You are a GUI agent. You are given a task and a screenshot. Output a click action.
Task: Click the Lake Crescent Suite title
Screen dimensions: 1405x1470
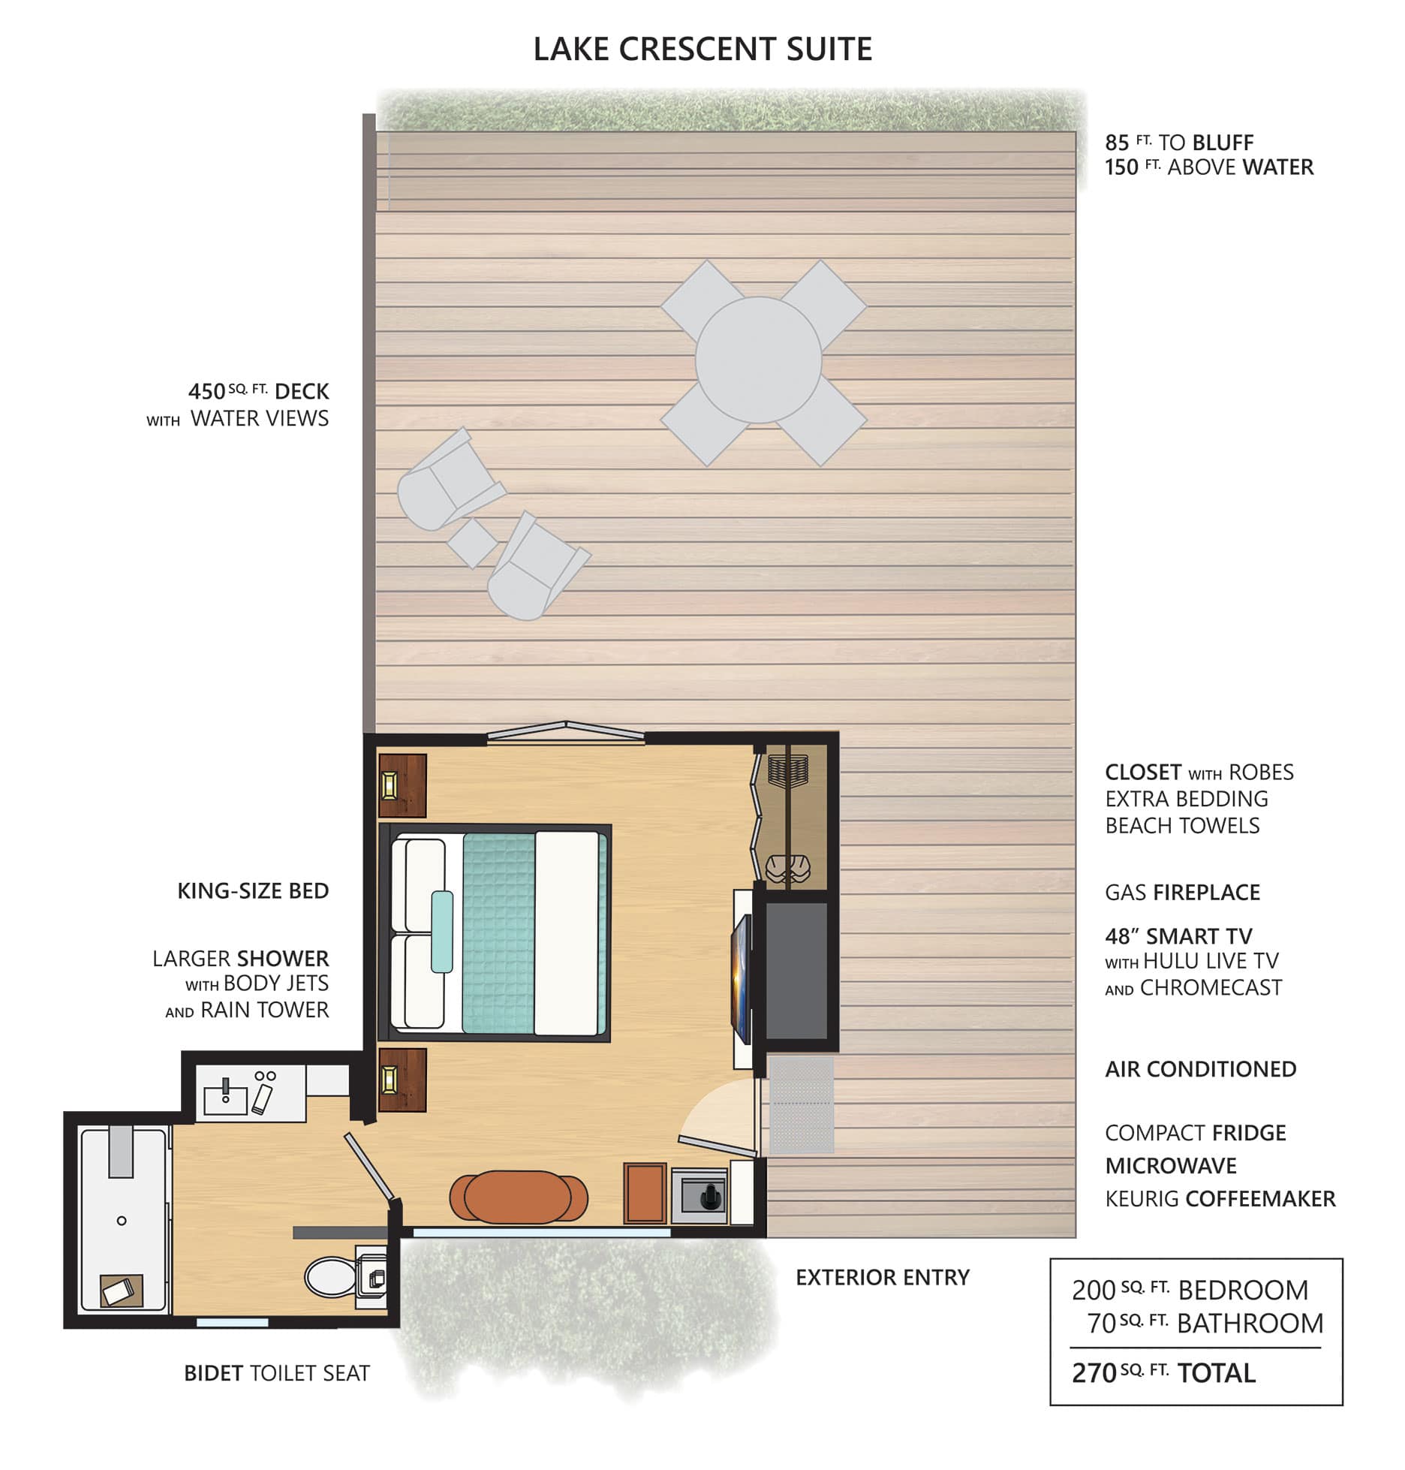pos(702,50)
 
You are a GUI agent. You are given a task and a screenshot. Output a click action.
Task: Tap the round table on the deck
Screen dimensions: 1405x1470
pos(758,360)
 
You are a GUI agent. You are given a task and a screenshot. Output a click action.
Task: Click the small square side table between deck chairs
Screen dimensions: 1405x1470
pos(472,543)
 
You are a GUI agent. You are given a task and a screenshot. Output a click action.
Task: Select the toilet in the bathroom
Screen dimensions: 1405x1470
pos(330,1276)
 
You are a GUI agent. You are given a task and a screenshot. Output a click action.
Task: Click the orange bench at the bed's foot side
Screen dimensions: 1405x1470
pos(519,1197)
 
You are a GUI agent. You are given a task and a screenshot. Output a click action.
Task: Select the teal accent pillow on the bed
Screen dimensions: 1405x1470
pos(442,932)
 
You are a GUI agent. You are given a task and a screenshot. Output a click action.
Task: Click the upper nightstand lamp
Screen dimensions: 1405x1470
pos(390,785)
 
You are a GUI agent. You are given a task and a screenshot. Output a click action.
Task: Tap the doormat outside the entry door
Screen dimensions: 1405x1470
pos(801,1106)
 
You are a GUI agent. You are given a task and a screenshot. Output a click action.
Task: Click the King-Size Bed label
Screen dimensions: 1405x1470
pos(253,891)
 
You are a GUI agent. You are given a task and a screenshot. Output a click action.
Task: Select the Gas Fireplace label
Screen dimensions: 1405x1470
pos(1182,893)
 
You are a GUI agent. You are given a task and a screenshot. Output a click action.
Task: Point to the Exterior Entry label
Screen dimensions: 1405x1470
pos(883,1277)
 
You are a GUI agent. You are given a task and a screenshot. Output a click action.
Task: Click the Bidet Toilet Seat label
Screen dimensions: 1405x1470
pos(277,1373)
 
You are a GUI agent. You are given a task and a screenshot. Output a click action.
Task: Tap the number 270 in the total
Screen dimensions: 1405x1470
pos(1094,1373)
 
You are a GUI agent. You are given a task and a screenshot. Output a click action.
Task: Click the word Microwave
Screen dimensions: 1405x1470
pos(1171,1166)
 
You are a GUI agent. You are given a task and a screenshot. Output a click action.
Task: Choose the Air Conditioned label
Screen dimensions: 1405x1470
pos(1201,1069)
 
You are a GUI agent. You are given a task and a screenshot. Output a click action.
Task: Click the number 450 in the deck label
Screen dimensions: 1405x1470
pos(206,392)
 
